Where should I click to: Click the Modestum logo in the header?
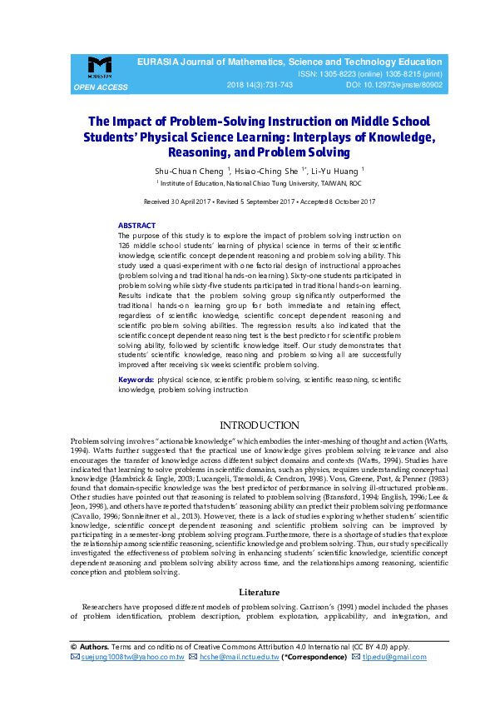(100, 67)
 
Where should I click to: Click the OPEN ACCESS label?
(101, 87)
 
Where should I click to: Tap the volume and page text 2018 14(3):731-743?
(260, 85)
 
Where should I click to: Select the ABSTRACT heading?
(136, 226)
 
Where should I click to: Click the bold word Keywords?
(136, 380)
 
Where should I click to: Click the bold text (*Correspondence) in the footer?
(314, 657)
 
